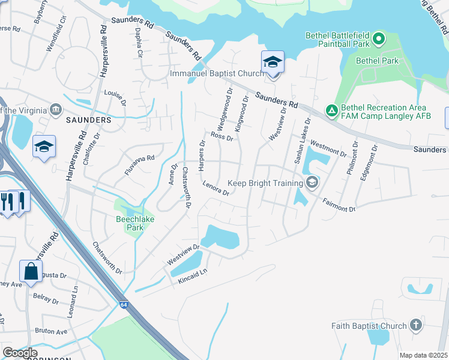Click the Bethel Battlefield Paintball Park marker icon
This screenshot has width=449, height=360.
pos(379,40)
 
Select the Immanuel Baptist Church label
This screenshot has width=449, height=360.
pos(217,73)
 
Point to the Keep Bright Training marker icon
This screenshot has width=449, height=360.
pos(312,182)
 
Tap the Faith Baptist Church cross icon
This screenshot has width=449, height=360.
pos(415,326)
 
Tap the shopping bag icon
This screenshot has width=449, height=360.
pos(30,271)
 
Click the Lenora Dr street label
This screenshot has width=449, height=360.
pos(216,189)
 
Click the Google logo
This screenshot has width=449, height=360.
pos(19,353)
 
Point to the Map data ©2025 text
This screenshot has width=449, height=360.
pos(422,355)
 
